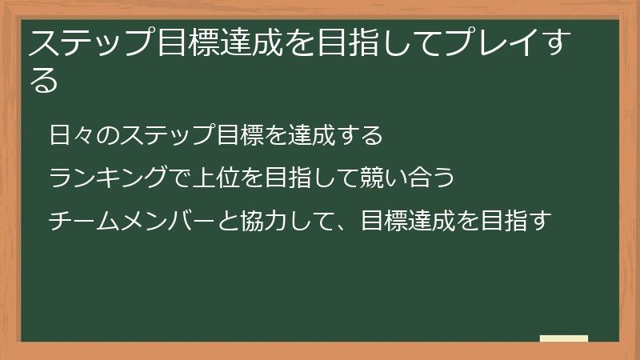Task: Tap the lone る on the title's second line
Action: (x=44, y=80)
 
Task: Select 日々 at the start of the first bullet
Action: (x=70, y=135)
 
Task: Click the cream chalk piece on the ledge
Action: (x=564, y=339)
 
